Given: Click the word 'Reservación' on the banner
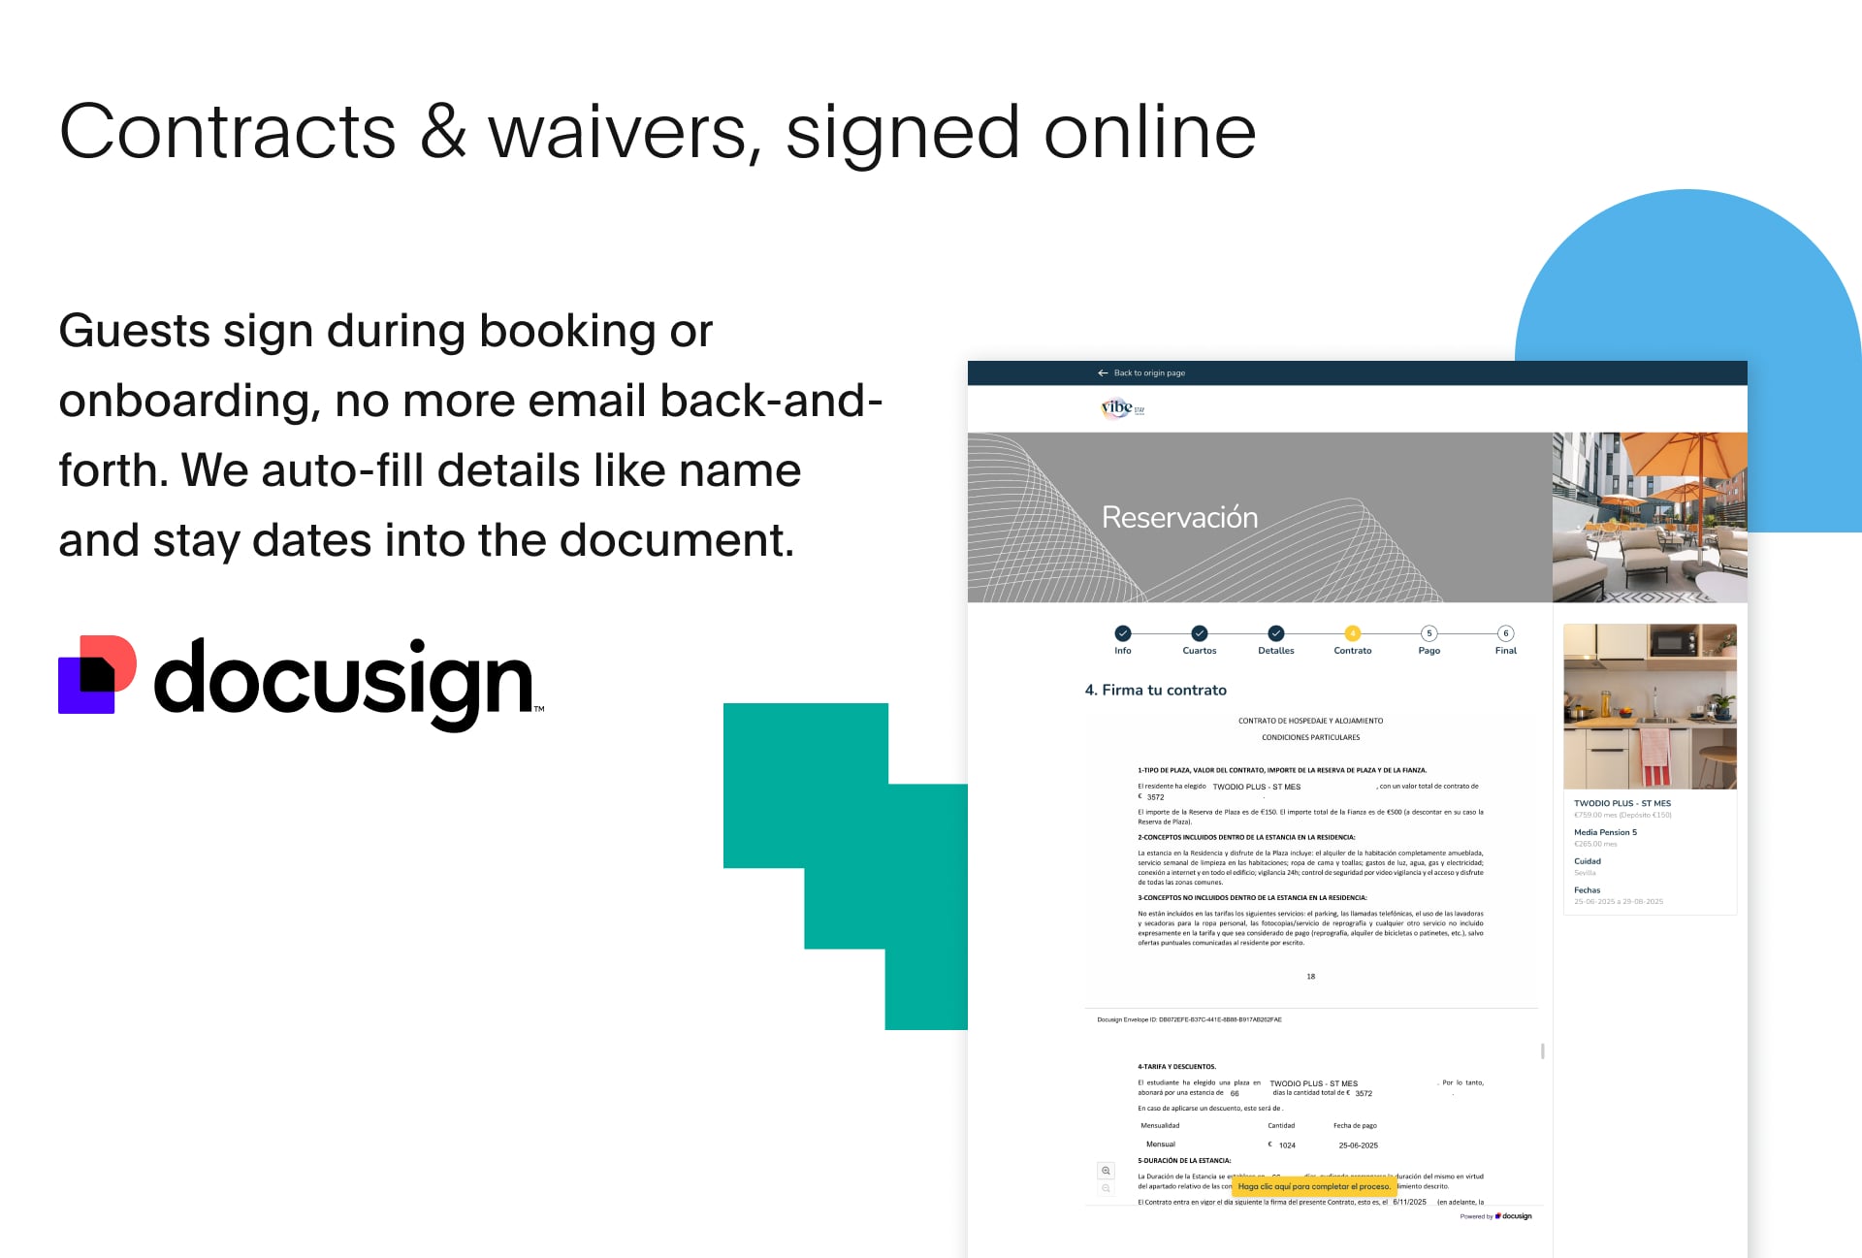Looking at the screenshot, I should coord(1179,518).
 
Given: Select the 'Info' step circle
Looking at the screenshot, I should coord(1123,633).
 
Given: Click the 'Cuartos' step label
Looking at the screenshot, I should coord(1199,651).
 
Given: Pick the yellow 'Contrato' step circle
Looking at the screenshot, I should coord(1352,633).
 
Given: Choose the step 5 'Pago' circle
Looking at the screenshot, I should coord(1429,633).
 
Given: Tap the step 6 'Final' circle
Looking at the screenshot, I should coord(1505,633).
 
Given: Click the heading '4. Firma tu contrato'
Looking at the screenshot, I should coord(1155,691).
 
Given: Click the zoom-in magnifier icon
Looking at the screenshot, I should coord(1106,1171).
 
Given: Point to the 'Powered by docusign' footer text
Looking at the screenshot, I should coord(1495,1216).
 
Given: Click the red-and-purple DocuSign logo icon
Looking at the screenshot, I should coord(97,675).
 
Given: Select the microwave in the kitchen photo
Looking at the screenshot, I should coord(1675,641).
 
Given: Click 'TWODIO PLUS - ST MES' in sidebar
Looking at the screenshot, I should coord(1621,803).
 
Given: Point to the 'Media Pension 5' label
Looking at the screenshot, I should coord(1605,832).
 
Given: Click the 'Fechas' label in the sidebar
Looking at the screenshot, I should coord(1587,890).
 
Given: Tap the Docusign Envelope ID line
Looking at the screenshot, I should coord(1189,1020).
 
